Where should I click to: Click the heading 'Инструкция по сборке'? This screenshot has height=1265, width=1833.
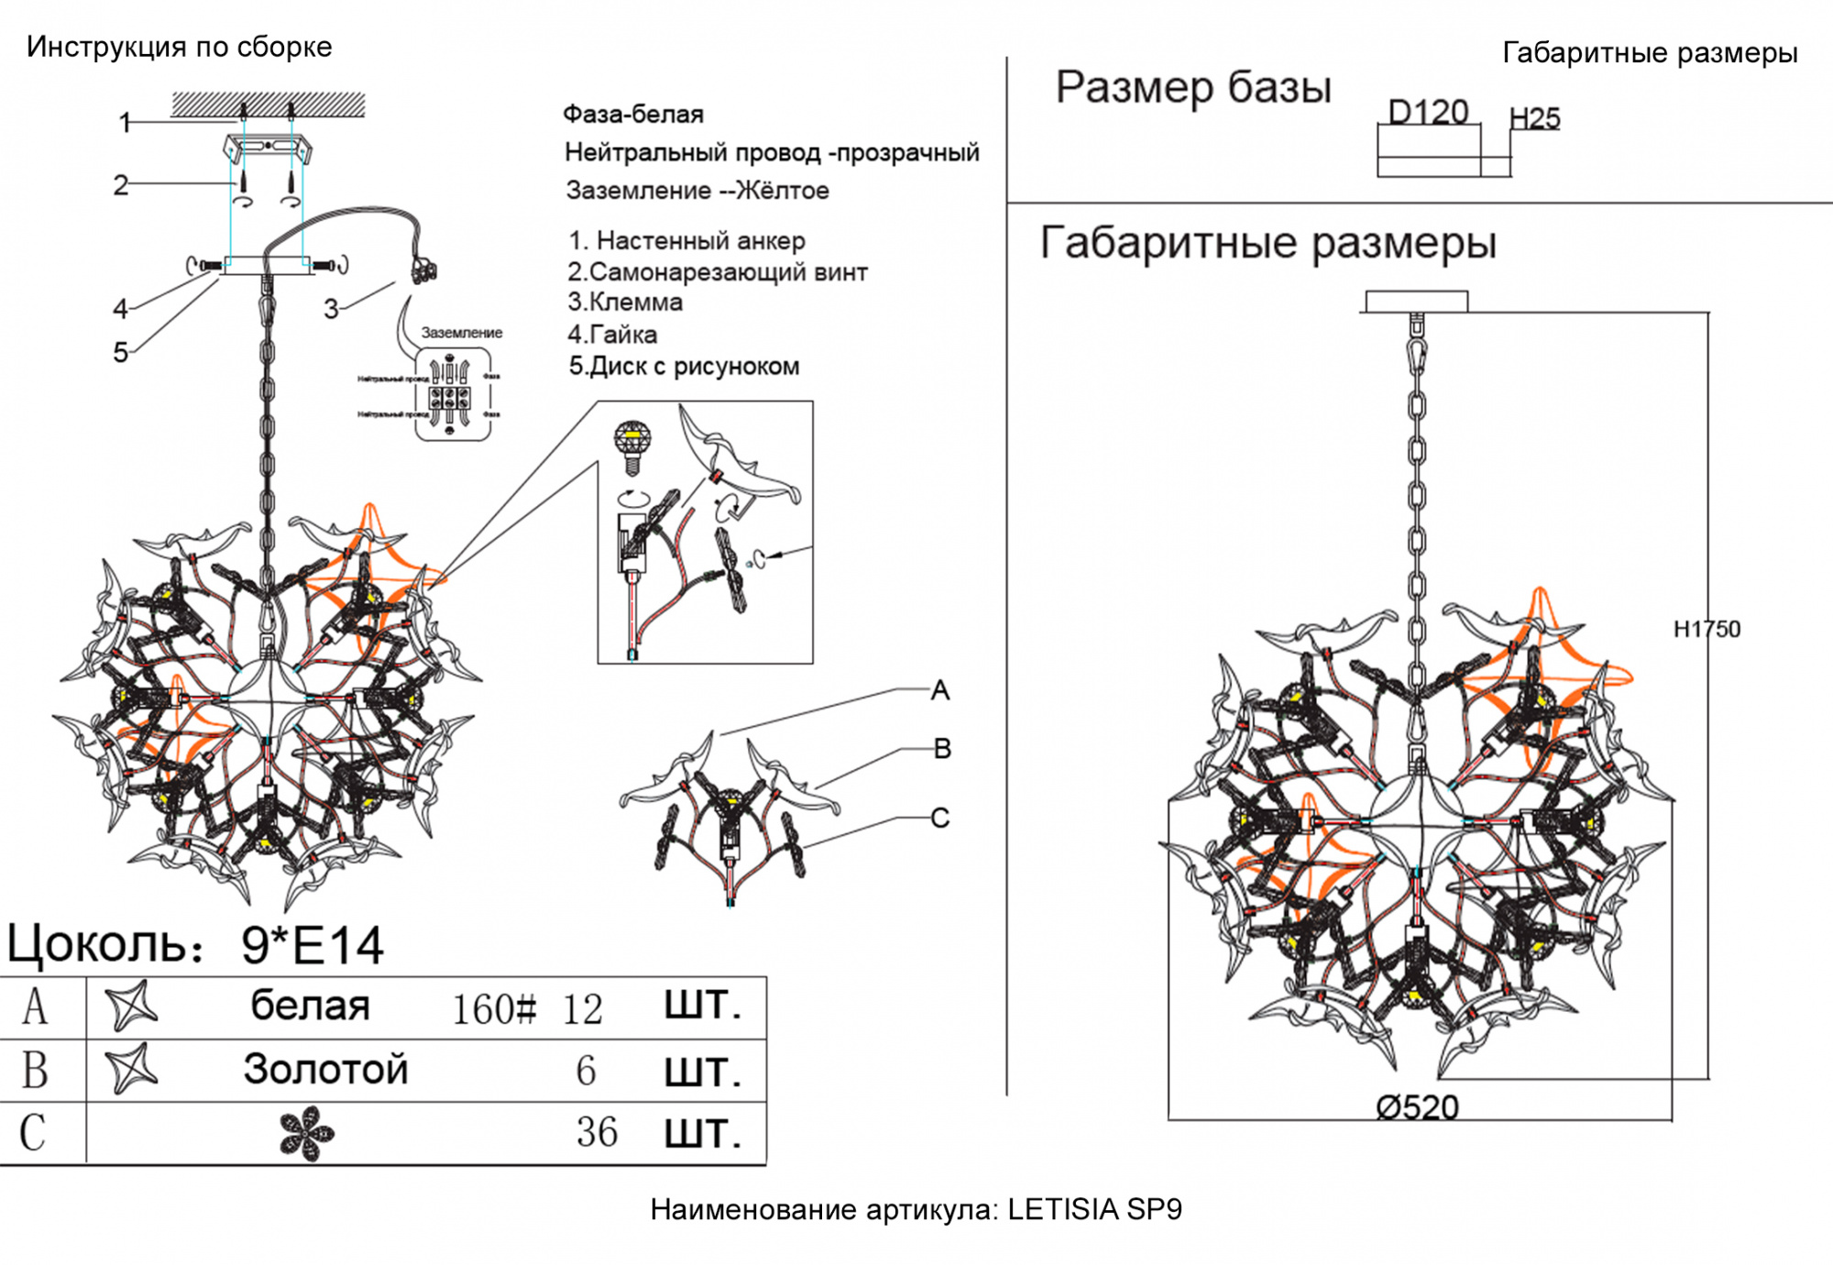[x=179, y=47]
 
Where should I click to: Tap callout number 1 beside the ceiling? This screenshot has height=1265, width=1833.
[x=126, y=122]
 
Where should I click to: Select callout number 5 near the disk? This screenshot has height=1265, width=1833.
[x=120, y=352]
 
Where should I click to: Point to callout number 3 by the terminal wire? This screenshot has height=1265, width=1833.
[x=331, y=309]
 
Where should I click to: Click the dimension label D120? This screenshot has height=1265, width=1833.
[x=1428, y=112]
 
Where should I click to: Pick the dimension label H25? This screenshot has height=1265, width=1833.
[x=1534, y=118]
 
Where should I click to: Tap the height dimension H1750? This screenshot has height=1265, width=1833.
[x=1707, y=629]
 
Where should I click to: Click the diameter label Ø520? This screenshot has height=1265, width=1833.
[x=1417, y=1107]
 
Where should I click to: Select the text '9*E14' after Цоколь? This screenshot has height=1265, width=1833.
[x=312, y=945]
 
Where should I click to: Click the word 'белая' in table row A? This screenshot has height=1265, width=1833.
[x=310, y=1006]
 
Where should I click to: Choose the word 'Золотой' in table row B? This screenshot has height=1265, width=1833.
[x=325, y=1069]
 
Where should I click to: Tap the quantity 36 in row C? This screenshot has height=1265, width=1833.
[x=597, y=1132]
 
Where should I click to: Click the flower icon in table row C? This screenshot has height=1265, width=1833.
[x=306, y=1133]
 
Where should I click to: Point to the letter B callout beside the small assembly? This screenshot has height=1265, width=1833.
[x=942, y=748]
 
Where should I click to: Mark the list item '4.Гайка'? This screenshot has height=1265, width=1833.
[x=612, y=334]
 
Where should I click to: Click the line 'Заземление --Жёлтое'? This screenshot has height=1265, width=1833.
[x=697, y=191]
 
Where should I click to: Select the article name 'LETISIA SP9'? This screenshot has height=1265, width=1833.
[x=1094, y=1209]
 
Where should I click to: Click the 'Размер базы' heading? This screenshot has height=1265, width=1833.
[x=1192, y=88]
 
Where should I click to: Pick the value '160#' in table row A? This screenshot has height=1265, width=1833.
[x=494, y=1009]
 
